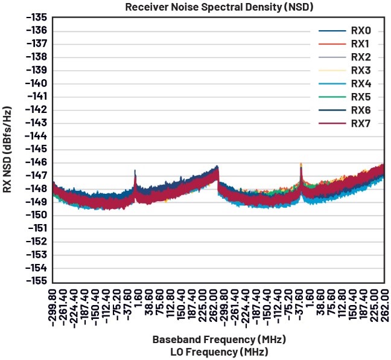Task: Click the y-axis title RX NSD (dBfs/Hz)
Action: click(8, 150)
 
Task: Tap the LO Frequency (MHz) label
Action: click(218, 351)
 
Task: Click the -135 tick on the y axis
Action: click(36, 18)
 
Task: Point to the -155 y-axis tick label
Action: click(36, 281)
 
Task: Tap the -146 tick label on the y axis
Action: click(36, 162)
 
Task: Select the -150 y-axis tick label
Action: click(36, 215)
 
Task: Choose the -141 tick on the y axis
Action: click(36, 97)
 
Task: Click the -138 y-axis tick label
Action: click(36, 57)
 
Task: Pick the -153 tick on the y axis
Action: click(36, 255)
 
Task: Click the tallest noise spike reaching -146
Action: click(300, 164)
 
